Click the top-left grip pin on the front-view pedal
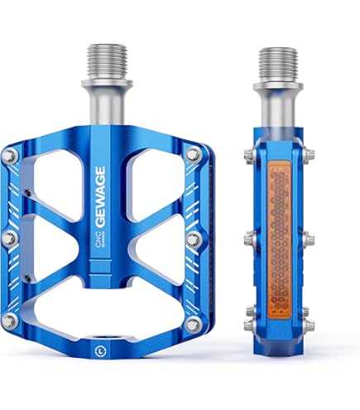point(10,155)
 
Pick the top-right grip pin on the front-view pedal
point(194,154)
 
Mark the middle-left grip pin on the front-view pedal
point(10,239)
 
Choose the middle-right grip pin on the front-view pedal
point(193,239)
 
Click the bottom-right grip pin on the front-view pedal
point(193,323)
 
